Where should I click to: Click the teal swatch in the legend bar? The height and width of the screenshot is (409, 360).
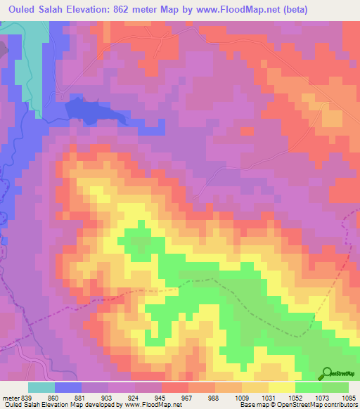(x=41, y=387)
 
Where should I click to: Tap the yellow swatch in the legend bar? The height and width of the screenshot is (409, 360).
(x=281, y=387)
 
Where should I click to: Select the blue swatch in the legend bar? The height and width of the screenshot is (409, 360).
(x=68, y=387)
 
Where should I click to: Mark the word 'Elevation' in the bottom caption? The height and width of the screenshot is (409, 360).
(x=60, y=405)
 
